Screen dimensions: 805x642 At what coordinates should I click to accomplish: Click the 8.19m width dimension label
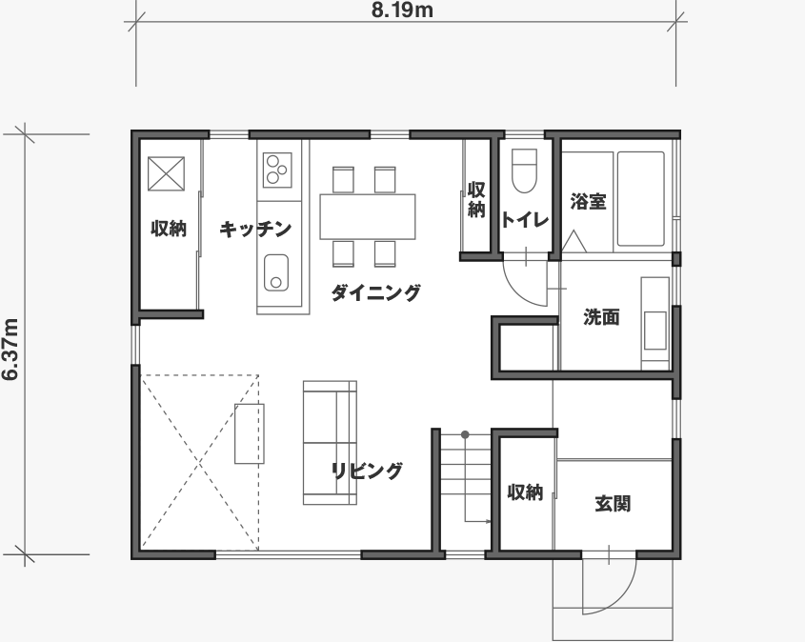tap(402, 10)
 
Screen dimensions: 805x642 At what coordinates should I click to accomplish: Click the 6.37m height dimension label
tap(10, 350)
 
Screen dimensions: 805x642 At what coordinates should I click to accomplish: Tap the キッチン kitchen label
tap(255, 229)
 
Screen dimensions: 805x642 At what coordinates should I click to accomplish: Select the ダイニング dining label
tap(375, 293)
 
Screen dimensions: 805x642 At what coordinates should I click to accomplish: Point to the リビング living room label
tap(367, 471)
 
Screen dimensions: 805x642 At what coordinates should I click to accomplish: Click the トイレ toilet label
tap(525, 220)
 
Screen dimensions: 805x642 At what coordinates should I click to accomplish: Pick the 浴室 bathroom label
tap(589, 202)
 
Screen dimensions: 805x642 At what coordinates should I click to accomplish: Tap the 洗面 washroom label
tap(601, 317)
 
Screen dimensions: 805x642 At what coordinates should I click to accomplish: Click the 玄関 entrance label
tap(613, 504)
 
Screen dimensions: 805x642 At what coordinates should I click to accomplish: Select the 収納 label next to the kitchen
tap(169, 229)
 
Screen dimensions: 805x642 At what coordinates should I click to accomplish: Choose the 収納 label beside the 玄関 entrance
tap(525, 492)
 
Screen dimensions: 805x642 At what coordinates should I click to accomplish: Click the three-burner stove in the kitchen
tap(277, 170)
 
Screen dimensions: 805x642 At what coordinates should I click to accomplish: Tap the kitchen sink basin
tap(276, 272)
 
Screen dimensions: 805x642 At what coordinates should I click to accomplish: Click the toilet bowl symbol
tap(525, 171)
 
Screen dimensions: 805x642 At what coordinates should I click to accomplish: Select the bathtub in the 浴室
tap(641, 199)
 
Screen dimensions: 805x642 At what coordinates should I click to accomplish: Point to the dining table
tap(368, 216)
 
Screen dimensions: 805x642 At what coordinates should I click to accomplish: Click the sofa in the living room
tap(330, 442)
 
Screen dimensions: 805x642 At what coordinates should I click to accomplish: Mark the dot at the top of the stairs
tap(465, 434)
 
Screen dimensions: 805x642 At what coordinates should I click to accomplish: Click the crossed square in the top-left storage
tap(166, 174)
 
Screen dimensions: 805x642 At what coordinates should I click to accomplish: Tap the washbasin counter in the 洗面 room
tap(655, 323)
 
